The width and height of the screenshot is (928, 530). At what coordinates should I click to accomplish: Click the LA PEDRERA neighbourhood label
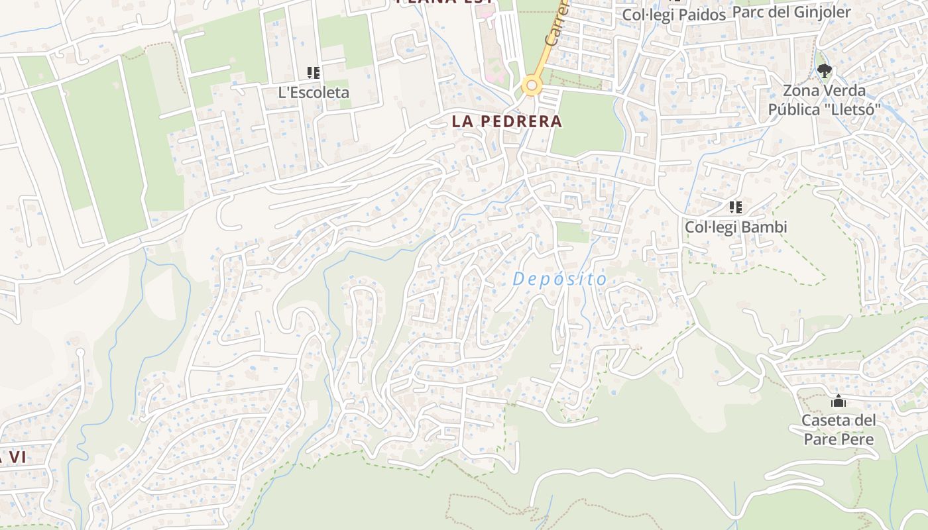[x=506, y=122]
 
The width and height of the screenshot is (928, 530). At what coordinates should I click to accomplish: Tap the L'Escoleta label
[x=314, y=93]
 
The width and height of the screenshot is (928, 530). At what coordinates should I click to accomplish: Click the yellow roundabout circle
[x=531, y=85]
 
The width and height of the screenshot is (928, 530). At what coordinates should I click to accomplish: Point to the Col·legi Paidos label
[x=674, y=15]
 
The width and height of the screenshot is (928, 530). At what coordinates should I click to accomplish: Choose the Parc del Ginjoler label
[x=791, y=12]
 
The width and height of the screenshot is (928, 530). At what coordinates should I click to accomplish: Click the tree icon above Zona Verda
[x=824, y=70]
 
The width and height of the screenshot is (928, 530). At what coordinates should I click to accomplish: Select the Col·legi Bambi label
[x=735, y=227]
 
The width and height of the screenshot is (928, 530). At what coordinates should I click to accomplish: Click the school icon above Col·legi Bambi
[x=735, y=207]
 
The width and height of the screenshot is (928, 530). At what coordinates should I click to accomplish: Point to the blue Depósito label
[x=559, y=280]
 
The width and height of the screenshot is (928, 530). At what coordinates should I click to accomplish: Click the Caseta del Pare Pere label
[x=839, y=429]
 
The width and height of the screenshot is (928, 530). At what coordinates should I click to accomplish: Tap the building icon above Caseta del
[x=839, y=401]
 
